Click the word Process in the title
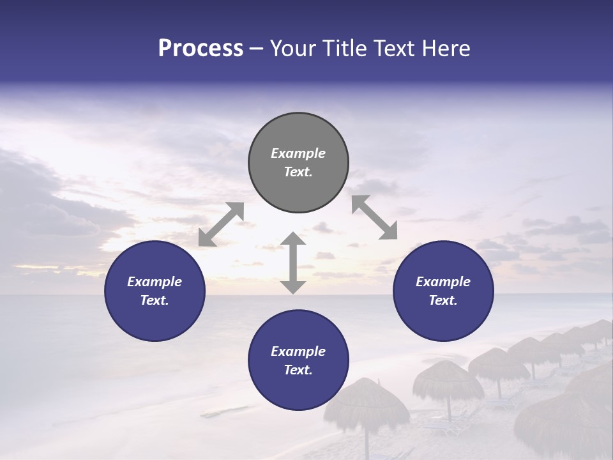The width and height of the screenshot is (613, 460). [201, 49]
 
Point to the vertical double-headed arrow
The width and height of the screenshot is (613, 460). [293, 263]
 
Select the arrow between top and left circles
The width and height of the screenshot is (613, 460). [221, 224]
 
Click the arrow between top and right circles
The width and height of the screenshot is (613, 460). [375, 217]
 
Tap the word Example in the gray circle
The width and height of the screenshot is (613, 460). [298, 153]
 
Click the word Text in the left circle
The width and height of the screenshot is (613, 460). [155, 300]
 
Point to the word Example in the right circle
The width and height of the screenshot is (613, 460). [443, 282]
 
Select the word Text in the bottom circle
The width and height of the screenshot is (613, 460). [298, 370]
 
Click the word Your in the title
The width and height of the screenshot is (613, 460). [291, 49]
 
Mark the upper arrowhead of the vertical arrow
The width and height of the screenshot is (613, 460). [293, 240]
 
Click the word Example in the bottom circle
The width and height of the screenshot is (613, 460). [298, 351]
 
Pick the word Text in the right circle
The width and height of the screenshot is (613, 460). [443, 300]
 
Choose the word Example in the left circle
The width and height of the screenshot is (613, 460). [155, 282]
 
